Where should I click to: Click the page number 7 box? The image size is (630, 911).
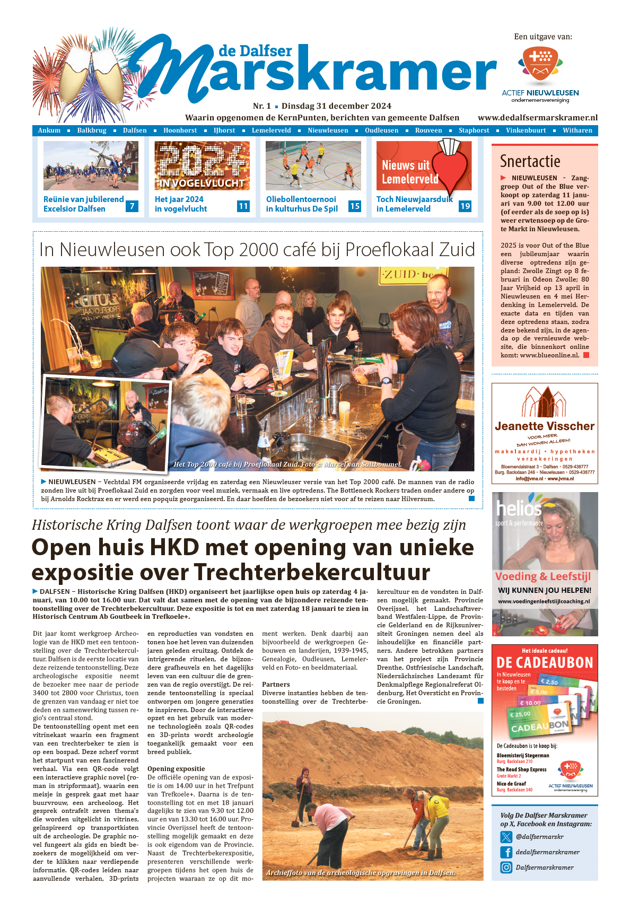pos(132,206)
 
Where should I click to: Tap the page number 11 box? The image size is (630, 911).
pos(243,206)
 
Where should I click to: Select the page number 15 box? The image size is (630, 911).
pos(355,206)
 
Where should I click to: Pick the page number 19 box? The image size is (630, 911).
pos(465,206)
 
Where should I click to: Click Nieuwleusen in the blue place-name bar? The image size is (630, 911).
pos(328,130)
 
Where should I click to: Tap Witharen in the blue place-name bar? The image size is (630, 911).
pos(577,130)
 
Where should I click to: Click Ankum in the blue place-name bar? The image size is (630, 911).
pos(49,130)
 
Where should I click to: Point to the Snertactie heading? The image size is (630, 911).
pos(530,161)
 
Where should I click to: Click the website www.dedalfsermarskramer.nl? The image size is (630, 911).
pos(537,118)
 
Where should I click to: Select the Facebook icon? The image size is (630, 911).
pos(506,852)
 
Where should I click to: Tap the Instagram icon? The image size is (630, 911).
pos(506,868)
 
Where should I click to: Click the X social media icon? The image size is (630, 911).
pos(506,837)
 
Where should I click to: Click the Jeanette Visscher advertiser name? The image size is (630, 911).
pos(545,426)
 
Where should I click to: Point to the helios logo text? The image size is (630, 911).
pos(519,509)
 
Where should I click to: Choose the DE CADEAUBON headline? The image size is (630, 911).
pos(545,663)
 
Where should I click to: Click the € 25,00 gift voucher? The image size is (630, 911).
pos(522,715)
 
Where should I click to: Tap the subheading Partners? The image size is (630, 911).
pos(276,685)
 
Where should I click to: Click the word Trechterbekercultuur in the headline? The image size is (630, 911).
pos(312,573)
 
